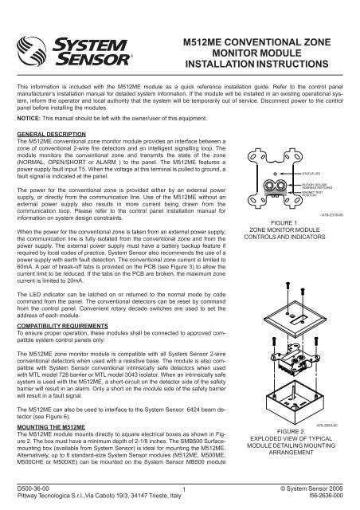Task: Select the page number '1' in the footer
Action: tap(182, 490)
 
